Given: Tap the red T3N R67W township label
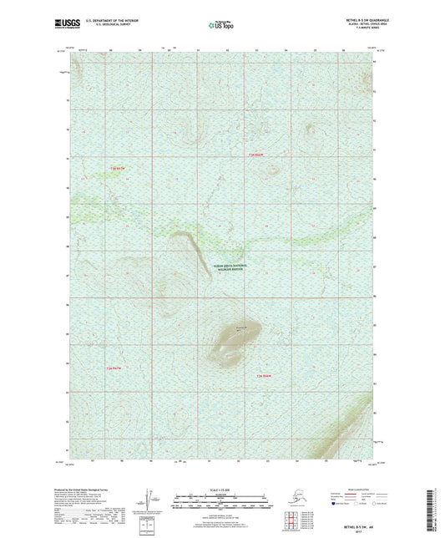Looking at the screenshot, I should click(x=116, y=170).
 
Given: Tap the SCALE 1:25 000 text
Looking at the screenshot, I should click(x=221, y=489).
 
